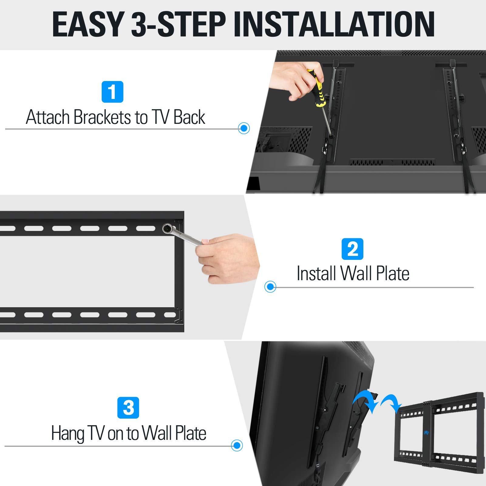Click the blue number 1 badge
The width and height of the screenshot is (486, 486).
coord(112,92)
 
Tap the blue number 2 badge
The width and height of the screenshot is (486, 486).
coord(352,249)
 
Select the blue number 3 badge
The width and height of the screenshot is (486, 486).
coord(128,408)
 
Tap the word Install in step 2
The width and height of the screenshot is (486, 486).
coord(316,273)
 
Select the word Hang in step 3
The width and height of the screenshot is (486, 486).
coord(67,433)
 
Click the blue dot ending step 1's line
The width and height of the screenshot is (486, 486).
coord(244,128)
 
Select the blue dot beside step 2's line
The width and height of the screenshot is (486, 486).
coord(270,287)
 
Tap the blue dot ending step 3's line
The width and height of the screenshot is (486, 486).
coord(237,445)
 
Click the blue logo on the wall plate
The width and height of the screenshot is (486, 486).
coord(426,433)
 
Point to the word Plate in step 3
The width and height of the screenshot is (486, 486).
coord(191,433)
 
